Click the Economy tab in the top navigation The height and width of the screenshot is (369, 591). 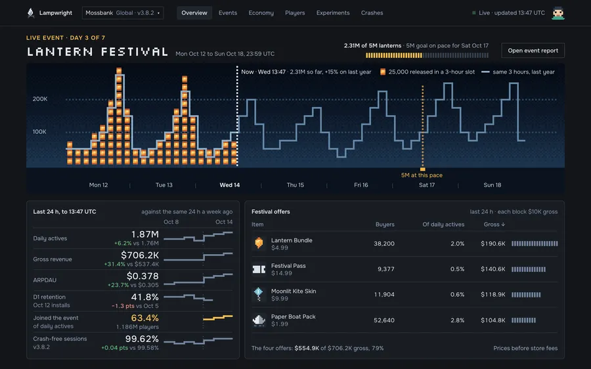[x=261, y=13]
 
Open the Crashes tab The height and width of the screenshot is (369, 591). [x=372, y=13]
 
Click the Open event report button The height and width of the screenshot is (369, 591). [x=533, y=51]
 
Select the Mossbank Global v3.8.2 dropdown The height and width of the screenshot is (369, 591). [x=123, y=13]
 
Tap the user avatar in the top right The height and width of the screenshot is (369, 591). [x=558, y=13]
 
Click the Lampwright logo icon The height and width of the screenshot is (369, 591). [x=30, y=13]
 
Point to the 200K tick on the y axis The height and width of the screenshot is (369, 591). [x=40, y=98]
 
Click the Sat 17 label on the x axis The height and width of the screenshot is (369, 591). [x=427, y=185]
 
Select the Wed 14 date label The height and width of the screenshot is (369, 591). [x=230, y=185]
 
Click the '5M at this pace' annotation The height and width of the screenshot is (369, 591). [x=422, y=175]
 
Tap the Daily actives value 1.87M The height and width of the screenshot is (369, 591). [x=145, y=234]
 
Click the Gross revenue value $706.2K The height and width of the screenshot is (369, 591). [x=140, y=255]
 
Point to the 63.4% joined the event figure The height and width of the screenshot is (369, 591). [x=144, y=318]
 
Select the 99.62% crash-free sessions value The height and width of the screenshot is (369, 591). [x=142, y=339]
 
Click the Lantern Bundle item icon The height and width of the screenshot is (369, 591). [x=259, y=243]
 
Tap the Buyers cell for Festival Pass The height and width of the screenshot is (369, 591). [x=386, y=269]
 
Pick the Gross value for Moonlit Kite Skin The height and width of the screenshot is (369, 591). [x=493, y=294]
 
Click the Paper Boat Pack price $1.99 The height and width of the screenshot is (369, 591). [x=280, y=324]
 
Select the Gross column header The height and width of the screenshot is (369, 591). [x=494, y=225]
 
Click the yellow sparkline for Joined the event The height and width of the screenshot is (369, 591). [x=218, y=318]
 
